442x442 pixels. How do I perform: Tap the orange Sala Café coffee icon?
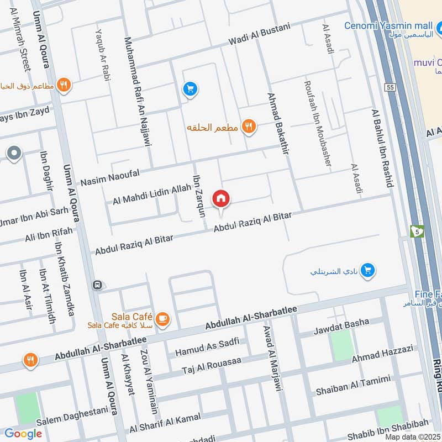pos(162,319)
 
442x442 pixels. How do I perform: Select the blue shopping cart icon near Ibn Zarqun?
pos(190,88)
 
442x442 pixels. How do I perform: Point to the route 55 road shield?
pos(391,88)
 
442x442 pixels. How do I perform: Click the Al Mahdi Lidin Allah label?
pos(151,194)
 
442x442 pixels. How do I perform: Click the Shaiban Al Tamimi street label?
pos(352,385)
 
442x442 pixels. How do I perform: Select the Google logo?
pos(23,434)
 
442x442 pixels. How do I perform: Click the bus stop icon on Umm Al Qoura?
pos(97,285)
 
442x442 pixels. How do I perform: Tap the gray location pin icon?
pos(14,154)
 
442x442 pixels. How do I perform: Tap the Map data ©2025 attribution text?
pos(412,437)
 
